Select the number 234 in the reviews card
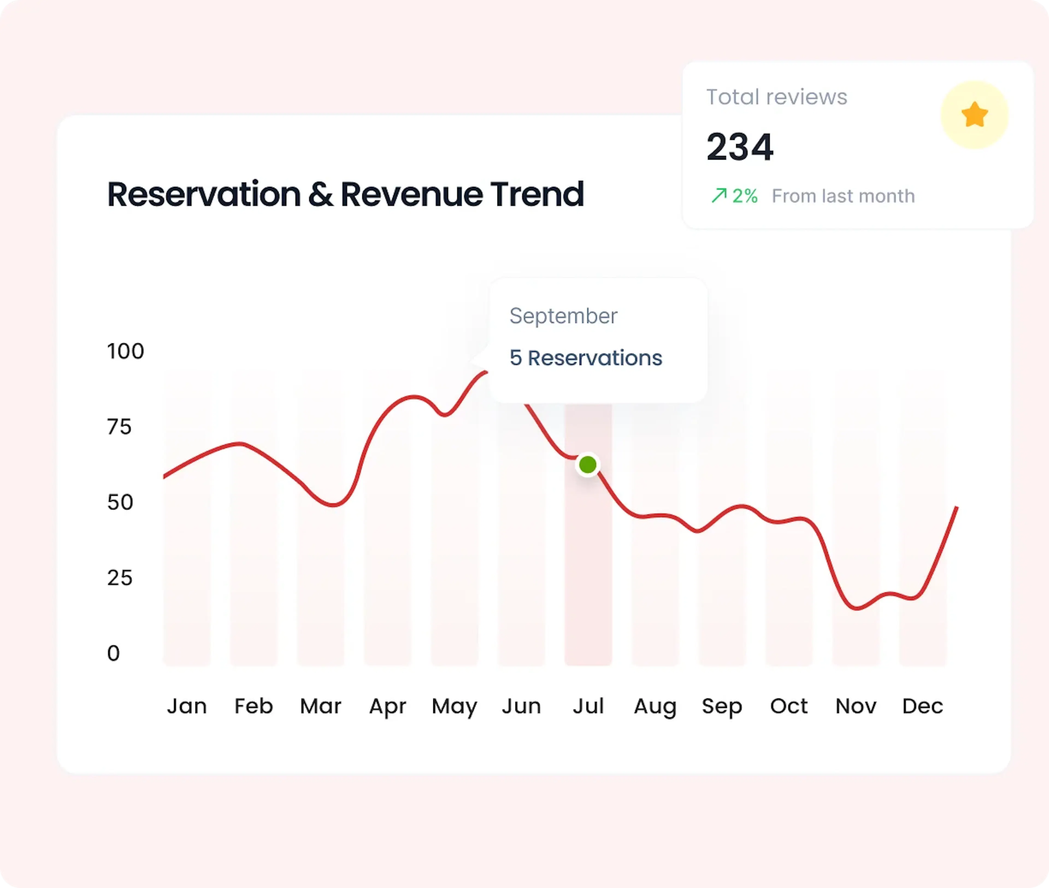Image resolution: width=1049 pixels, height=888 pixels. point(739,147)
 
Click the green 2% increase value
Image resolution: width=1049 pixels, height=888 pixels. point(744,196)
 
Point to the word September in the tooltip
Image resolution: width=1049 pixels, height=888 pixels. point(563,316)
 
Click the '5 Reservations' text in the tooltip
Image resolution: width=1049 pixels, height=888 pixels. point(585,358)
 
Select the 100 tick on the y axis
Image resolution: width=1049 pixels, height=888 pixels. point(125,351)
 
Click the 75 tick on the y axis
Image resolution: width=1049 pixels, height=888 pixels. point(119,427)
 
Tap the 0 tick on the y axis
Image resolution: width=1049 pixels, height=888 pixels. point(113,653)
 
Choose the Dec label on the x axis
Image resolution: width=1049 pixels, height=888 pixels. point(922,706)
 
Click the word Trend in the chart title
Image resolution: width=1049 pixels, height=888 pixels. point(537,194)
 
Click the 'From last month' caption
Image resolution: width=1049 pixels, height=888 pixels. point(843,196)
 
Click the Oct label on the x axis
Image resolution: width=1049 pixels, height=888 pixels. point(788,706)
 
